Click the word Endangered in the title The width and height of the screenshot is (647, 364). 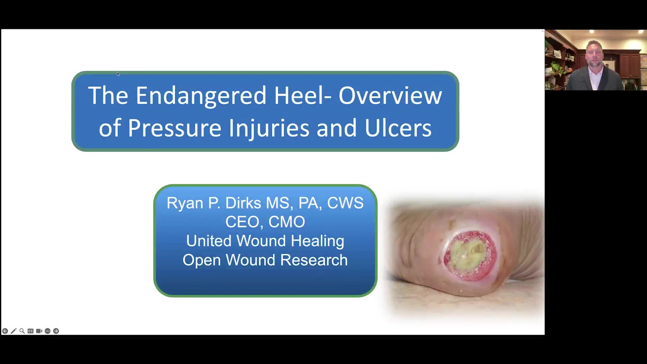click(202, 96)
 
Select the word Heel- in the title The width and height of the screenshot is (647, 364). click(302, 95)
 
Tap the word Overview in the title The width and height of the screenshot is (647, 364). click(390, 95)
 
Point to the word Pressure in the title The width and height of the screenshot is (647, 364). click(175, 128)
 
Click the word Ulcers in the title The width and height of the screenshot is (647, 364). click(398, 128)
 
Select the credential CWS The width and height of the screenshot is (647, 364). click(345, 203)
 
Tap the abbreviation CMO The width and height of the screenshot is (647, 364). click(287, 222)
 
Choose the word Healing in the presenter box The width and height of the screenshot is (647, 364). click(317, 241)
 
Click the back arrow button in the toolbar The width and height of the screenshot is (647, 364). click(5, 331)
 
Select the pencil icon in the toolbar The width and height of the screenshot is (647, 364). click(13, 331)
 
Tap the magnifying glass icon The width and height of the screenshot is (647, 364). click(22, 331)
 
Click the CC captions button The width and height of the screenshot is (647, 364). click(31, 331)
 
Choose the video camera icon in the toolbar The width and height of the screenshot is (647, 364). click(39, 331)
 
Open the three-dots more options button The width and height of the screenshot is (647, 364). click(48, 331)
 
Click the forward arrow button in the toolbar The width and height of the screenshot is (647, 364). click(56, 331)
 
